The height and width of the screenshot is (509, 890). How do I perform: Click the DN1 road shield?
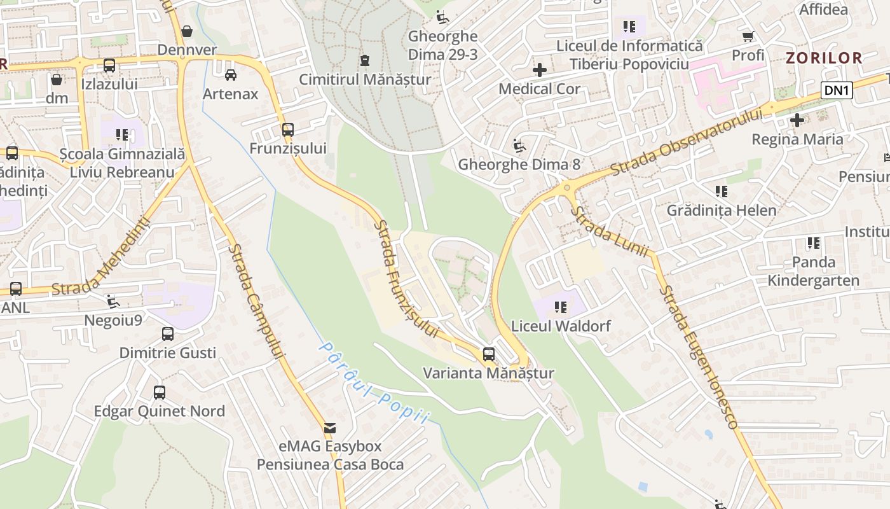tap(837, 90)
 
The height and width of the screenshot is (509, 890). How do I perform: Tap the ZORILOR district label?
tap(824, 58)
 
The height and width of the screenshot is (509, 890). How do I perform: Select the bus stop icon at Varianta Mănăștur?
tap(488, 354)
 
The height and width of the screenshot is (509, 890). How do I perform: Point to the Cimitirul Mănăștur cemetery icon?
tap(364, 60)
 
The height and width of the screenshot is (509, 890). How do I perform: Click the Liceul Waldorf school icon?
tap(560, 307)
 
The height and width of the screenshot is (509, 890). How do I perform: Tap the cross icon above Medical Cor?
tap(539, 69)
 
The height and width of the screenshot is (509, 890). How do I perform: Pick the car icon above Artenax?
tap(231, 74)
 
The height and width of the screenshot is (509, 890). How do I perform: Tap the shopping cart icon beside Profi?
tap(748, 36)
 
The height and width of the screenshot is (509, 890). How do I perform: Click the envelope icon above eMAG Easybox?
tap(330, 428)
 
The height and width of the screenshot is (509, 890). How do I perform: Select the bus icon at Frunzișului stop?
tap(288, 130)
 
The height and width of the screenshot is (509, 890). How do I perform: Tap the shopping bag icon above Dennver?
tap(187, 31)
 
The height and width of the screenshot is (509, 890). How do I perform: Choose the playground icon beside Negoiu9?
tap(113, 301)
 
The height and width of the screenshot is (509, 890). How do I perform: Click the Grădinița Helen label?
tap(721, 210)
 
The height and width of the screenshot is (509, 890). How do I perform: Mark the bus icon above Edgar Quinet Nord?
tap(160, 393)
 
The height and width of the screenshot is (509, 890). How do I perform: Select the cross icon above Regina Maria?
tap(797, 120)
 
